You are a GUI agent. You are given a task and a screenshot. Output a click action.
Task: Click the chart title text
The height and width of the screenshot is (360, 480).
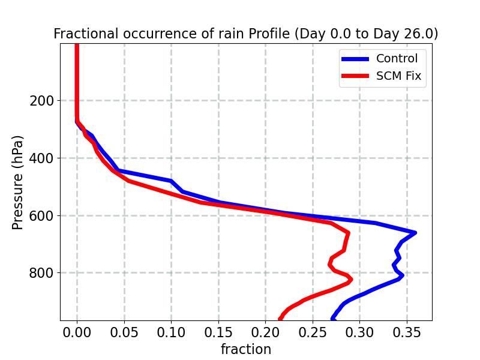(x=245, y=34)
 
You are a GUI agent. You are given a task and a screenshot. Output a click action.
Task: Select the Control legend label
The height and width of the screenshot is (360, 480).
(x=397, y=59)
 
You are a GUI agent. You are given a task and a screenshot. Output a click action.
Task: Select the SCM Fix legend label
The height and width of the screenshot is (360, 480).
(x=398, y=76)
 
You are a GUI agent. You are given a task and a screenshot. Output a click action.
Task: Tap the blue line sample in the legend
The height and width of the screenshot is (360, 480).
(x=355, y=59)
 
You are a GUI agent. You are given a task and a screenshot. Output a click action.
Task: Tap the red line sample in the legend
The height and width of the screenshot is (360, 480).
(x=355, y=76)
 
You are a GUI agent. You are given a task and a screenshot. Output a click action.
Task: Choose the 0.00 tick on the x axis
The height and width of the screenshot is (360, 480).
(x=77, y=332)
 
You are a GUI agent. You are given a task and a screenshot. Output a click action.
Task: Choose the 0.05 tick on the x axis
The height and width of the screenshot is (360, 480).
(x=124, y=332)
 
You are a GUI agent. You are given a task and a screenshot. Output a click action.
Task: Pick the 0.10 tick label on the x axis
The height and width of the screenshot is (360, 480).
(x=171, y=332)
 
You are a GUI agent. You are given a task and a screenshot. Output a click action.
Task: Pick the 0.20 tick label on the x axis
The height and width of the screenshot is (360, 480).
(x=265, y=332)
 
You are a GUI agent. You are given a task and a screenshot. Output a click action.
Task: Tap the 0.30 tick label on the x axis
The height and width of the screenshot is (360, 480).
(x=359, y=332)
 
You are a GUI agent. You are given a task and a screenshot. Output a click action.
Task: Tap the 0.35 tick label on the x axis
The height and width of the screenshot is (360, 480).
(x=407, y=332)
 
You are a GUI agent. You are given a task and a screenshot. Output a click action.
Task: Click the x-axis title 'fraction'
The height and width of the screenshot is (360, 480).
(x=245, y=349)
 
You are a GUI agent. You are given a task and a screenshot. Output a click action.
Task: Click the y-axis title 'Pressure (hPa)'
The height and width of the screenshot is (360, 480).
(x=18, y=182)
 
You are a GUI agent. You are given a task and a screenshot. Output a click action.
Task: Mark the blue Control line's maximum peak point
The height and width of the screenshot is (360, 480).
(x=415, y=232)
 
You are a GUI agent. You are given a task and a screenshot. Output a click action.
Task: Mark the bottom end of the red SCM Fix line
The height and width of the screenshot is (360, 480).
(x=280, y=319)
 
